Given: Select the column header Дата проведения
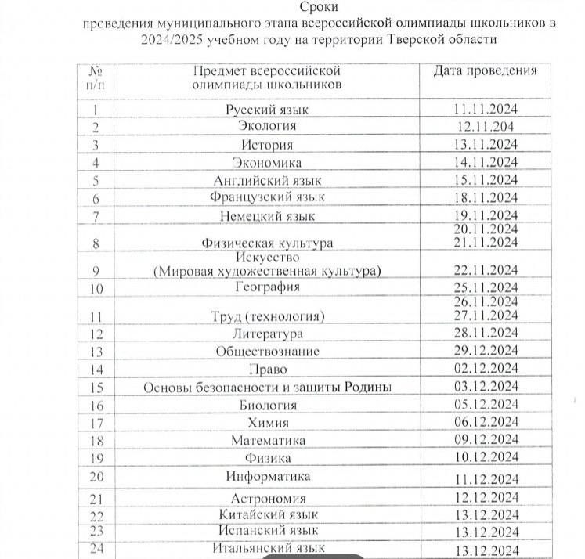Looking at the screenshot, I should tap(486, 70).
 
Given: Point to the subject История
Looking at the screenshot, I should tap(267, 145).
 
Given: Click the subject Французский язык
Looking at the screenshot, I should tap(267, 197).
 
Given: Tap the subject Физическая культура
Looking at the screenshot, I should tap(267, 243).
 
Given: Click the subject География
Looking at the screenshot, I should tap(267, 287).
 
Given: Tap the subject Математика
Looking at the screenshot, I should tap(267, 441).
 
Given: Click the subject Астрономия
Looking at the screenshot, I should tap(267, 499).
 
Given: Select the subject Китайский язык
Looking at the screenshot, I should tap(267, 514).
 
